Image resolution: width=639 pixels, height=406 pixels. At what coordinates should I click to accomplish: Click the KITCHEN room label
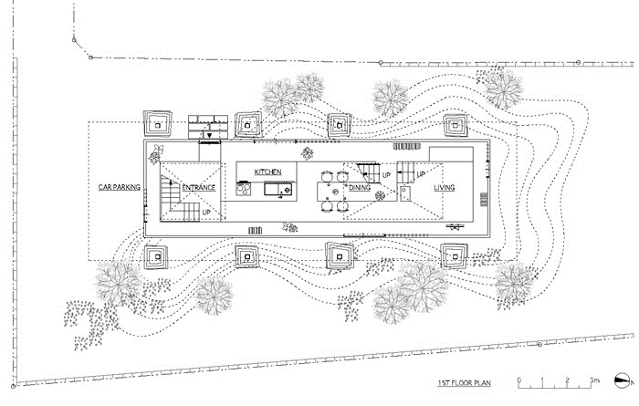(x=267, y=172)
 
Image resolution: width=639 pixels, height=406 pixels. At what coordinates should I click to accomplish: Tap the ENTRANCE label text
(x=198, y=188)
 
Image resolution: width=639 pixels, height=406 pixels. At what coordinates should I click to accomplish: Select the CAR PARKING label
(x=119, y=187)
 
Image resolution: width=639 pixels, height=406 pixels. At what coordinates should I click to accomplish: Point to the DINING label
(x=360, y=187)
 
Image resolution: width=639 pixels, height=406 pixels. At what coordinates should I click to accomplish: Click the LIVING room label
(x=444, y=187)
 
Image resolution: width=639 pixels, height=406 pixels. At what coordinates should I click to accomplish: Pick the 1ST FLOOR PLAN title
(x=464, y=383)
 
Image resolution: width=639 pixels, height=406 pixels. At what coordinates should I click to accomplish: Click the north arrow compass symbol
(x=623, y=380)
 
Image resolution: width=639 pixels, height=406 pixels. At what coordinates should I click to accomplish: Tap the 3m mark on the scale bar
(x=594, y=380)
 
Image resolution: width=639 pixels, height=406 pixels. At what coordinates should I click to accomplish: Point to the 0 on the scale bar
(x=519, y=380)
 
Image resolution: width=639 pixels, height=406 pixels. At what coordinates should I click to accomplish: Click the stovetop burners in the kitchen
(x=244, y=189)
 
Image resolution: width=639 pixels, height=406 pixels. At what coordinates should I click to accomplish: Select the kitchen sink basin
(x=271, y=190)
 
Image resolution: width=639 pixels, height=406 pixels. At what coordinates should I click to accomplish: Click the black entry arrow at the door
(x=209, y=136)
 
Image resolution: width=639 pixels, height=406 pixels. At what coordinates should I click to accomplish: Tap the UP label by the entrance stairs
(x=206, y=213)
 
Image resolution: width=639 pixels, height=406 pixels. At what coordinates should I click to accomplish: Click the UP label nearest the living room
(x=421, y=174)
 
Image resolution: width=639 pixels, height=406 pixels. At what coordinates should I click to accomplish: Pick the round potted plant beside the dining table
(x=380, y=196)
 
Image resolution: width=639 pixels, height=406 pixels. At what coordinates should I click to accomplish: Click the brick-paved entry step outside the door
(x=208, y=127)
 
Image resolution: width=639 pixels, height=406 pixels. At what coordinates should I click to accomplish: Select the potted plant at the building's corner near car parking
(x=156, y=154)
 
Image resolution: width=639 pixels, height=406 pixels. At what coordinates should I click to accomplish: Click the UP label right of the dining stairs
(x=386, y=175)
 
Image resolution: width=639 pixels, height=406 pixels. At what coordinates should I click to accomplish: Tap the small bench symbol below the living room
(x=455, y=226)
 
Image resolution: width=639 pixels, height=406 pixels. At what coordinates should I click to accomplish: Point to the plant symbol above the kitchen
(x=308, y=153)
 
